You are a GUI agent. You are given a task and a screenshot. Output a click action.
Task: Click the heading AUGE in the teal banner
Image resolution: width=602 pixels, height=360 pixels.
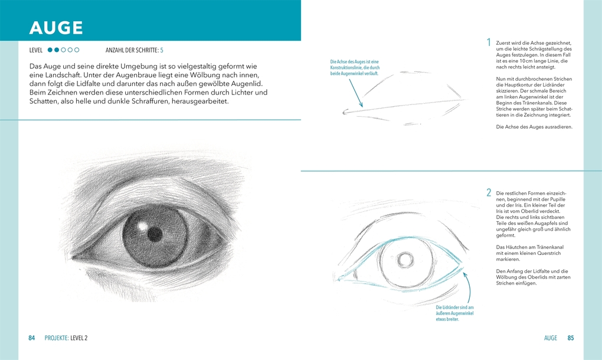[x=56, y=28]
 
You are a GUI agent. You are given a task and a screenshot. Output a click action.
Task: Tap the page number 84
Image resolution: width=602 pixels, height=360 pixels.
[x=32, y=338]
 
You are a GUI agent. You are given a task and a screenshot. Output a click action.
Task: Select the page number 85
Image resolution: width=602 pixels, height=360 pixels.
[x=571, y=338]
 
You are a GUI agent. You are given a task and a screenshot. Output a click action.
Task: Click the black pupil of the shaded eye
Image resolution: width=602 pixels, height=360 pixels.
[x=155, y=233]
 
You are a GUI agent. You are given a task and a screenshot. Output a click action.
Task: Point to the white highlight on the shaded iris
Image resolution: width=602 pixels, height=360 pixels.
[x=143, y=227]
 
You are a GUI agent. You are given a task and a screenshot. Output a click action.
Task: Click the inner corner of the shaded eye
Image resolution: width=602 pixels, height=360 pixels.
[x=73, y=257]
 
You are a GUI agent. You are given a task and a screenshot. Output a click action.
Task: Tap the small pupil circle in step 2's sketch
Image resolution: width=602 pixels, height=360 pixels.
[x=405, y=260]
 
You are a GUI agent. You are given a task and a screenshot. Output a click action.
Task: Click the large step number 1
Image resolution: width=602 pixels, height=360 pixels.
[x=489, y=42]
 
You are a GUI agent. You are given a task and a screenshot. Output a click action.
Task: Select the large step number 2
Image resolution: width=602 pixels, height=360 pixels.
[x=489, y=192]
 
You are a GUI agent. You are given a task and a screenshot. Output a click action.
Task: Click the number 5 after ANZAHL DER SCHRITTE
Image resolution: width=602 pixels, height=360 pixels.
[x=162, y=50]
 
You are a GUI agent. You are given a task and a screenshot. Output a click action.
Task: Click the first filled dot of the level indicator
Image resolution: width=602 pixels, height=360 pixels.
[x=50, y=50]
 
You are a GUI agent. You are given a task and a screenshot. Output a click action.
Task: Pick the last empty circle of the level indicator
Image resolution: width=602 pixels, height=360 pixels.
[x=77, y=50]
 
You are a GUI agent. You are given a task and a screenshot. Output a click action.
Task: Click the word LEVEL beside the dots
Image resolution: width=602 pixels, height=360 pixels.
[x=35, y=50]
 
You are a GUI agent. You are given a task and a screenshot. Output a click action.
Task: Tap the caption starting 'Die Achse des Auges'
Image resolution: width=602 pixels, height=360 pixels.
[x=355, y=67]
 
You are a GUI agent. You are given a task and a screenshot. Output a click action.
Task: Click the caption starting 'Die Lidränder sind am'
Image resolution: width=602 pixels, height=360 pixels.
[x=454, y=313]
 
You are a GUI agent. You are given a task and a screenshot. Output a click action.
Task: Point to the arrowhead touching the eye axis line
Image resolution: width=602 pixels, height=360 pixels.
[x=361, y=105]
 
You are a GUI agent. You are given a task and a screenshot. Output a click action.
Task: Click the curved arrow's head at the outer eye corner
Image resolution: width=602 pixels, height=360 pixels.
[x=465, y=274]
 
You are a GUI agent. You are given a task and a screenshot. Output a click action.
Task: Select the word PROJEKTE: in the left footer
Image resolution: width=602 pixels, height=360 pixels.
[x=57, y=338]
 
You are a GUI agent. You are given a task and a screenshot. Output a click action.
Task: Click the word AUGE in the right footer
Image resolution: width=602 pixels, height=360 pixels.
[x=550, y=338]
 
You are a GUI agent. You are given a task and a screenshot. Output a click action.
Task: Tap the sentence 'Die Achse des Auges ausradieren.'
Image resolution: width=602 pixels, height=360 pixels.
[x=534, y=127]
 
